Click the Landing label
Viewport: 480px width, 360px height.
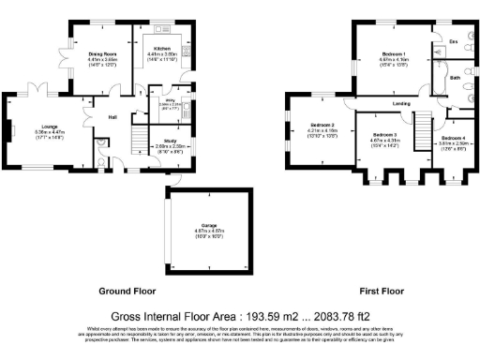(x=377, y=102)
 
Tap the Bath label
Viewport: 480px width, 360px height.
(x=455, y=78)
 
